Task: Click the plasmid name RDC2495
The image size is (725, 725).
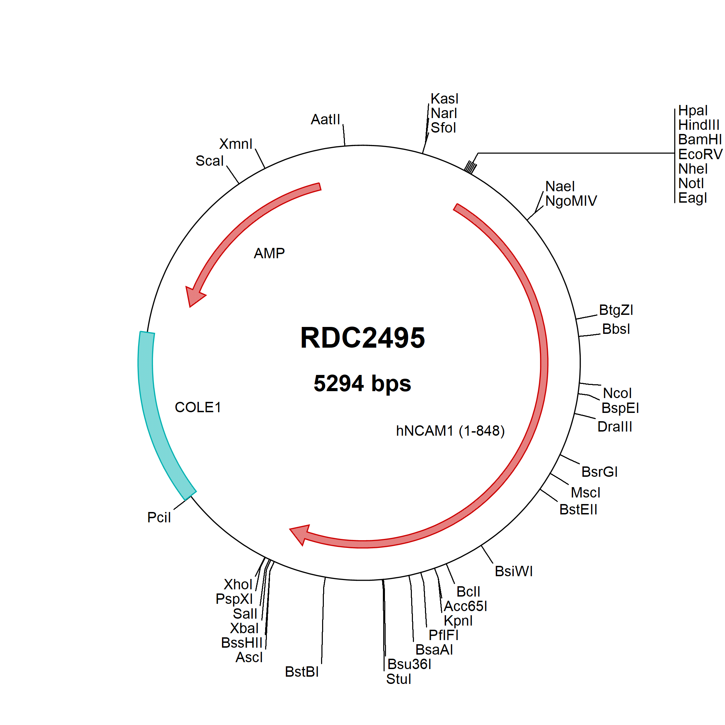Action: point(362,337)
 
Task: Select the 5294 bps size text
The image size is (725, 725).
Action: point(362,383)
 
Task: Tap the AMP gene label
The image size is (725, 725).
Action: point(269,253)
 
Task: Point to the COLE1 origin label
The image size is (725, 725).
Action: point(198,407)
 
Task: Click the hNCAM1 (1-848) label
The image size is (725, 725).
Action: point(450,431)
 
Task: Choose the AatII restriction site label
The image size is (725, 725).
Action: point(325,119)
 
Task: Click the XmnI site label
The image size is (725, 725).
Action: point(236,144)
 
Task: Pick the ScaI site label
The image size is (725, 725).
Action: point(210,161)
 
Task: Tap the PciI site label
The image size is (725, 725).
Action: point(159,518)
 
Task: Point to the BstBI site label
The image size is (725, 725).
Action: point(302,672)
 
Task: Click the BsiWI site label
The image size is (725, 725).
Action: point(514,571)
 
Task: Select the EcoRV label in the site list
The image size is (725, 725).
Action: point(700,154)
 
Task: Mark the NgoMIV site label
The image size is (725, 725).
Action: point(571,201)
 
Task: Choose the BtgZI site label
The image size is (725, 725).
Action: point(616,310)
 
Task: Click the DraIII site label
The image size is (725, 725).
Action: point(615,427)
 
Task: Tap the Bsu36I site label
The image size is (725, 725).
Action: point(409,664)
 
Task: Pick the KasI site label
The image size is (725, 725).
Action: point(444,99)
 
